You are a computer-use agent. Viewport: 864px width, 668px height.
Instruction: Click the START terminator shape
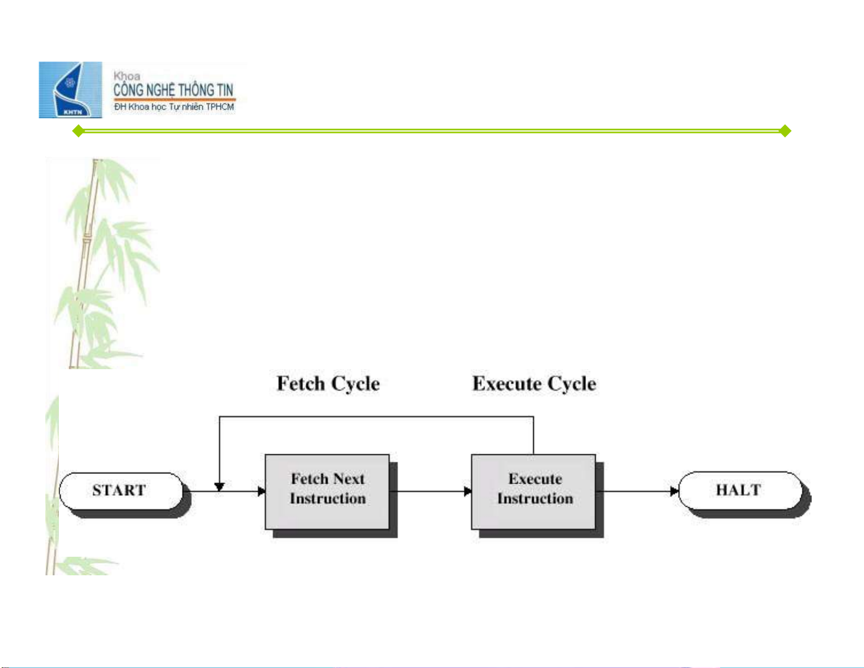tap(120, 491)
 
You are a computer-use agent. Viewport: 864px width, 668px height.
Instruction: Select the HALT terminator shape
tap(739, 490)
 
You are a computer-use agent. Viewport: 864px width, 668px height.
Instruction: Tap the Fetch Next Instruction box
tap(327, 491)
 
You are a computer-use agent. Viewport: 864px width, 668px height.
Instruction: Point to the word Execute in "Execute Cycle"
tap(506, 383)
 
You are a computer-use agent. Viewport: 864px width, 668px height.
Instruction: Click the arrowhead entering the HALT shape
tap(674, 491)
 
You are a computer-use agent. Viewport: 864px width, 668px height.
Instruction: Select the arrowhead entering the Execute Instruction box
tap(468, 491)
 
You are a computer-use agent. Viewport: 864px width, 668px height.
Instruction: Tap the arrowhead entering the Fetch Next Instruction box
tap(262, 491)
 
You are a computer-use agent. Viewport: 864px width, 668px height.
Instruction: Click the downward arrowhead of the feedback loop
tap(219, 486)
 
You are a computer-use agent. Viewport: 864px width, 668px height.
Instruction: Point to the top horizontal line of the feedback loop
tap(376, 417)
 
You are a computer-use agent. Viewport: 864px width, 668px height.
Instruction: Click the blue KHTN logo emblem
tap(70, 90)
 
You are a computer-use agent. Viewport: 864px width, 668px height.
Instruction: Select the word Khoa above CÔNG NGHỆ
tap(126, 76)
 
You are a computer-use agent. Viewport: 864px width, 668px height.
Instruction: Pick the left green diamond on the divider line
tap(78, 131)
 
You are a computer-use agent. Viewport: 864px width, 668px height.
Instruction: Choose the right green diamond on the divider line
tap(785, 131)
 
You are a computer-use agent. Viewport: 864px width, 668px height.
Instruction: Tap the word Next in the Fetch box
tap(349, 479)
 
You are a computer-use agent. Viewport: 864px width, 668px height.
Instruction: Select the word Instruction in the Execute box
tap(535, 498)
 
